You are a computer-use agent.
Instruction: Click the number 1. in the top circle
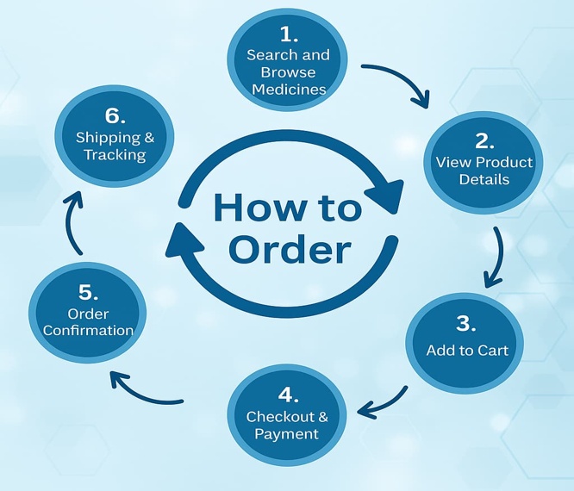pos(288,35)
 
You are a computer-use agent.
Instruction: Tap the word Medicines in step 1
pos(288,89)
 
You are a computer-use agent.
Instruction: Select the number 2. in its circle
pos(484,141)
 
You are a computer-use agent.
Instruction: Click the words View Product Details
pos(484,171)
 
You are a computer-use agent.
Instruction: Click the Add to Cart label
pos(467,351)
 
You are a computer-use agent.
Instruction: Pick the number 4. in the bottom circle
pos(288,395)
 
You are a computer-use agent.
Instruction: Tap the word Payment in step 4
pos(287,434)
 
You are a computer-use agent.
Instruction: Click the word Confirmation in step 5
pos(88,330)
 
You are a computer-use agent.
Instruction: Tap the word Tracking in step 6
pos(115,155)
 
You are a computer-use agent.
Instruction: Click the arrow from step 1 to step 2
pos(399,82)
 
